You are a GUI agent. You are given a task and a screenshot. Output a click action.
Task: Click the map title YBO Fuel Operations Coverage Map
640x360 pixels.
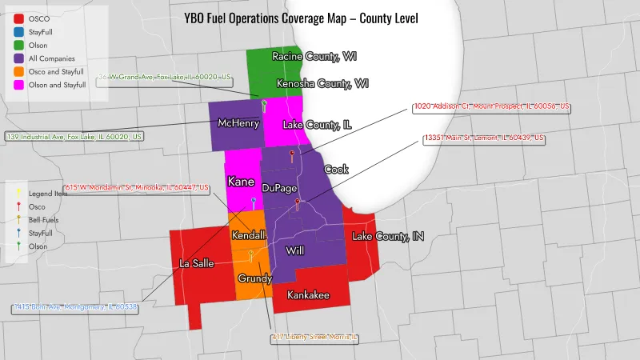(301, 18)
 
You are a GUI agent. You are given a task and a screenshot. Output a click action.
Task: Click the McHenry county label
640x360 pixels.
(237, 123)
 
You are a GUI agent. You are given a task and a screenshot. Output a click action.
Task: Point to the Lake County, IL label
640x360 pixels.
(318, 124)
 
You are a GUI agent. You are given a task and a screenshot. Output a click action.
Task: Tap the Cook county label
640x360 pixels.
(336, 170)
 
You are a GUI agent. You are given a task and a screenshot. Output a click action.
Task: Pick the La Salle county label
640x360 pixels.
(195, 263)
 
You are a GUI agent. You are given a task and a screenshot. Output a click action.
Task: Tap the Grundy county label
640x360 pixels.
(255, 278)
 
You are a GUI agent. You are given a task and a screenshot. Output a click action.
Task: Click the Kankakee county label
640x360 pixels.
(308, 295)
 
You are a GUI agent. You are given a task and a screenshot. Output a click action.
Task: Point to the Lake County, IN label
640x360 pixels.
(388, 237)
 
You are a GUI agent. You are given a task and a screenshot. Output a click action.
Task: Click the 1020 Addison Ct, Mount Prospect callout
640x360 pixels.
(491, 106)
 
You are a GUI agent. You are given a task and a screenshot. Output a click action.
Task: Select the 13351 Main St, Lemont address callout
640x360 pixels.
(484, 138)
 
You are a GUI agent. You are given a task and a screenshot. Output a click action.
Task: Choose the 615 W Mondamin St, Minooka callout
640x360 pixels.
(136, 189)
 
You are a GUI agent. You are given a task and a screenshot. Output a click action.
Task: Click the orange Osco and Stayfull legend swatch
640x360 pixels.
(18, 71)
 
